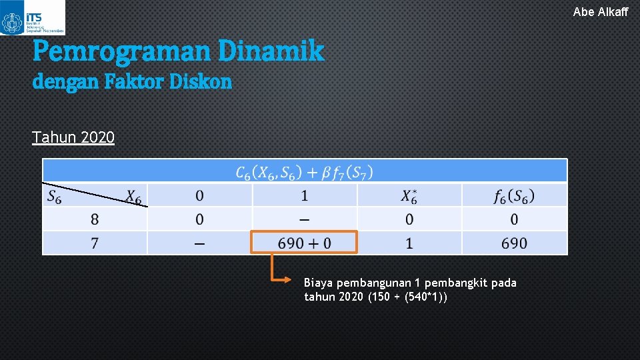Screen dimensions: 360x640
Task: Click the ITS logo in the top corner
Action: point(32,18)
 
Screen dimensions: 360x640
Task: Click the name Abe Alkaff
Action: point(600,11)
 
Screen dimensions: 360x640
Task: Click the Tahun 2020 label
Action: point(73,137)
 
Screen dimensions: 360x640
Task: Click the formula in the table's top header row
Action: point(304,172)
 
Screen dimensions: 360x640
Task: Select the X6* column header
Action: point(409,196)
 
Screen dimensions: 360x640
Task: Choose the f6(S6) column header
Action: point(514,196)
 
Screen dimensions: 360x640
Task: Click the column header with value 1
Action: point(305,196)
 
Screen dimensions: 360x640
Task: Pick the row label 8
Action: point(95,219)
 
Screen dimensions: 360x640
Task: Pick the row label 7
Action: point(95,243)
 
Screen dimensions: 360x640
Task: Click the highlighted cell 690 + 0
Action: point(304,243)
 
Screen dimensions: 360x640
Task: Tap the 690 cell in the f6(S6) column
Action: point(514,243)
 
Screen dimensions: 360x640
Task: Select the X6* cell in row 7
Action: point(409,243)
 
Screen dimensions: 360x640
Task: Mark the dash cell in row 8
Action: point(305,219)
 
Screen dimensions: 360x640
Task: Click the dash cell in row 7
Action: point(199,243)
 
